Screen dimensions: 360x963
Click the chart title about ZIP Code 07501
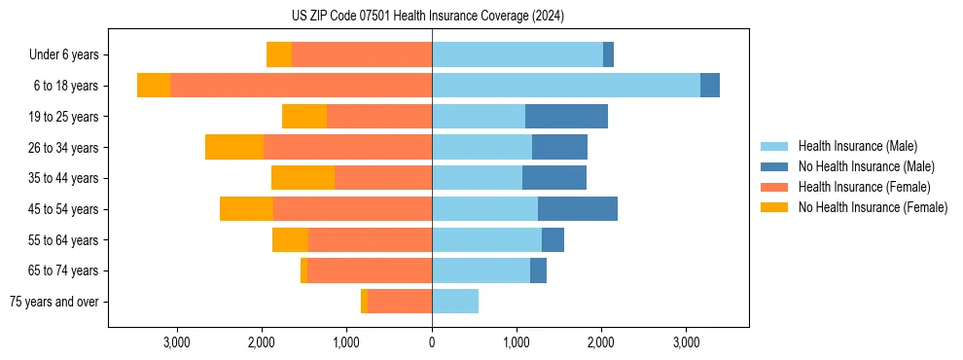[x=428, y=16]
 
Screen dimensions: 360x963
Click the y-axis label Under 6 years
[x=64, y=55]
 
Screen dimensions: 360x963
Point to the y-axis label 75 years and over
[x=54, y=302]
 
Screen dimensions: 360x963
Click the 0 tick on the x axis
[x=432, y=342]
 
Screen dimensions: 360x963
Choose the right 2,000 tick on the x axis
[x=601, y=342]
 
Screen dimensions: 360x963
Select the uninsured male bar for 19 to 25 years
[x=566, y=117]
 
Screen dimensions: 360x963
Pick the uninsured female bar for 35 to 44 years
[x=303, y=178]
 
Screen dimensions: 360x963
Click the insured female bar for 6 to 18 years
[x=302, y=86]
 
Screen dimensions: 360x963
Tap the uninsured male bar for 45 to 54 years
[x=578, y=209]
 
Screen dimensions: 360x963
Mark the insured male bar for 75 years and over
[x=455, y=302]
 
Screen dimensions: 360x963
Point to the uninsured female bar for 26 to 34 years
[x=234, y=148]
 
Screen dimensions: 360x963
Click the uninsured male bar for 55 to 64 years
[x=553, y=240]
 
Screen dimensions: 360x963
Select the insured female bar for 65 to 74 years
[x=370, y=270]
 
